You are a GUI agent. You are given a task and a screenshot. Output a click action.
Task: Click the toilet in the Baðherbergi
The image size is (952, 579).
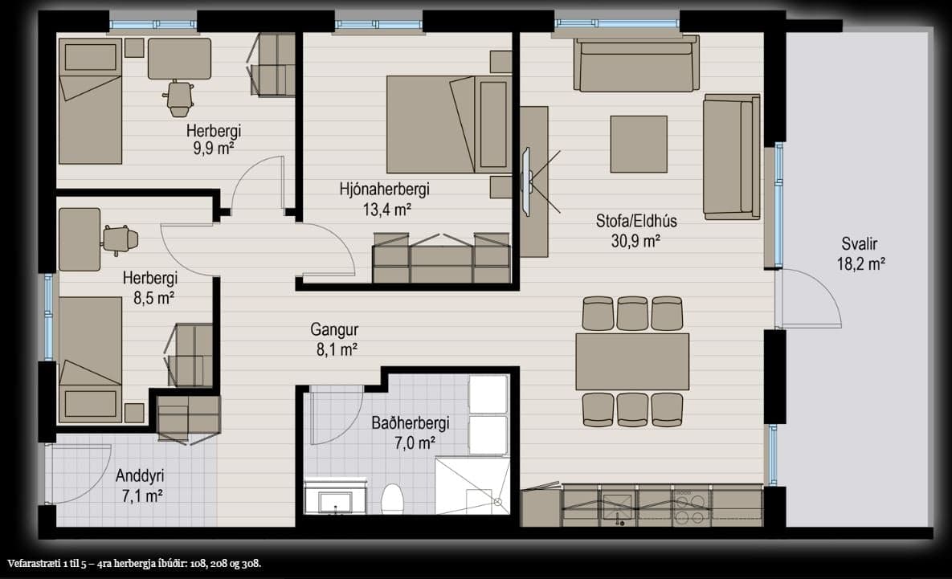point(392,499)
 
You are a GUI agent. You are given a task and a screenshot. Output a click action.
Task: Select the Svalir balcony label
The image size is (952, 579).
point(859,244)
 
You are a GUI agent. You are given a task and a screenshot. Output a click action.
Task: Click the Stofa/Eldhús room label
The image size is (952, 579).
point(635,220)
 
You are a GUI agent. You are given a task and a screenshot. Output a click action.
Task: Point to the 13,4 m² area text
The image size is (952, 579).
point(386,210)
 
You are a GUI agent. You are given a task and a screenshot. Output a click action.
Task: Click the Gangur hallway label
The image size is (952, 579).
point(334,329)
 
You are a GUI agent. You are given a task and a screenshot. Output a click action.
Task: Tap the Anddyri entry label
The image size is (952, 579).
point(141,476)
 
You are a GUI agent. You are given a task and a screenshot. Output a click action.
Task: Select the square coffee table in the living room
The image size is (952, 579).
point(639,145)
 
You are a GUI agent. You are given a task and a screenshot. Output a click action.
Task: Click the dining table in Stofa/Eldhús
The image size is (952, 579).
point(632,361)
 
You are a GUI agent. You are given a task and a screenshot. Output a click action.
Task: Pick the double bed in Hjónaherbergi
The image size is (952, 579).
point(448,124)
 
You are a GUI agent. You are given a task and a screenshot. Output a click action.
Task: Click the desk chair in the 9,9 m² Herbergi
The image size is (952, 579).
point(179,98)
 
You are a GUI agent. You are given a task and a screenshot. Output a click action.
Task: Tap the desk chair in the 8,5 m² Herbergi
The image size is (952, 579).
point(121,240)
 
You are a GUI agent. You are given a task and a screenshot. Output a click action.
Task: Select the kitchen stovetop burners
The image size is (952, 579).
point(690,508)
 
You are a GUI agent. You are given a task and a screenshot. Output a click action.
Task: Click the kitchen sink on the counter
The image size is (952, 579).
point(618,507)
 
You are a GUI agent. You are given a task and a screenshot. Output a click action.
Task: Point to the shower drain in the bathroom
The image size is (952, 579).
point(498,502)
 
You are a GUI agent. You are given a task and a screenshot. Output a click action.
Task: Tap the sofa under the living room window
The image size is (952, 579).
point(636,63)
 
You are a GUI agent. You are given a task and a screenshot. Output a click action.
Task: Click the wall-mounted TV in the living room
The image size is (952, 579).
point(526,181)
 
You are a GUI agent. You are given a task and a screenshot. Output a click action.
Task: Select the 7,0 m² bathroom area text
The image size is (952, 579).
point(415,443)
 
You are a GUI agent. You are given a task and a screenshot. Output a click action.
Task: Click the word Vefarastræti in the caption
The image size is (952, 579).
point(34,563)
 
